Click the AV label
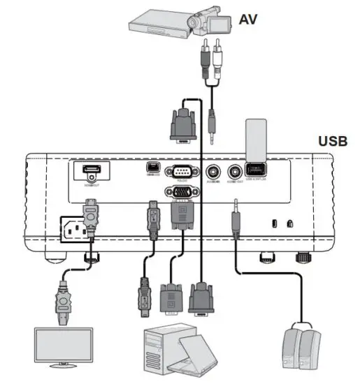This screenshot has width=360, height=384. coord(248,19)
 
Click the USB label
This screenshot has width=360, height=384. coord(333,141)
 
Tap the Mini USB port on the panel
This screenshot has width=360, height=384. coord(151,168)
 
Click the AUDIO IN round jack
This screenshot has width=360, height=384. coord(216,171)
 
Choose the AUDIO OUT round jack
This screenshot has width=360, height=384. coord(235,171)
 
